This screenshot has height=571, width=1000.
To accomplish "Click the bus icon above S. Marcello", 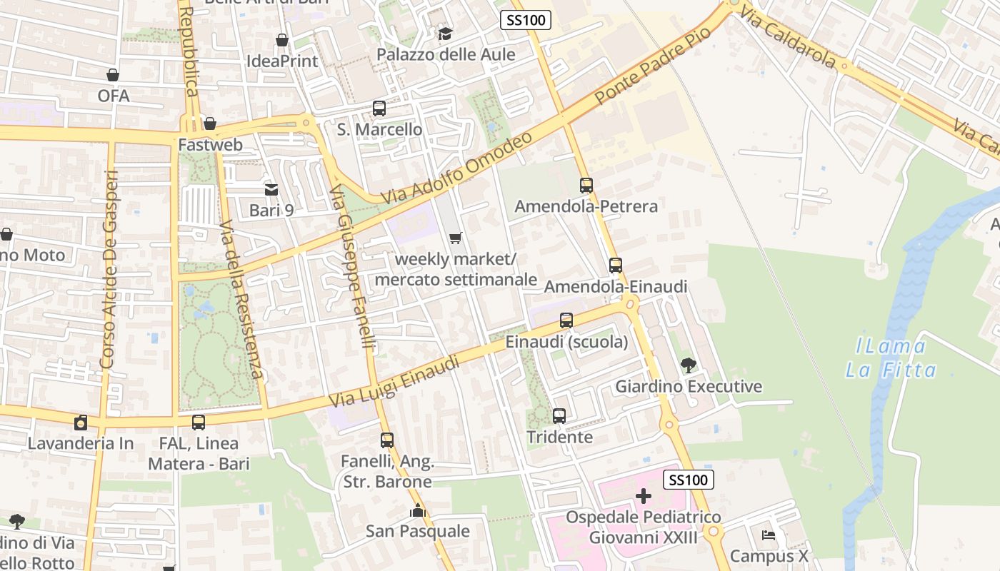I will (379, 108).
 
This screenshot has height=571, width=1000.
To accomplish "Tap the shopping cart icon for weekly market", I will (455, 238).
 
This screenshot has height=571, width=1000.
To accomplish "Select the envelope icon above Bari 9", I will (271, 189).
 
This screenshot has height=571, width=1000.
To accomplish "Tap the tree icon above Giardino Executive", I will (688, 365).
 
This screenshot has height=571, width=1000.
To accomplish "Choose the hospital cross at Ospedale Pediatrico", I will (644, 496).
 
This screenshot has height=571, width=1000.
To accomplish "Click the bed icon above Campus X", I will (769, 535).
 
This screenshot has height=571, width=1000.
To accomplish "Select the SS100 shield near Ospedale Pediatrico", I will (689, 480).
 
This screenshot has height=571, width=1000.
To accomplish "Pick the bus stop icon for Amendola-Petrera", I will (586, 185).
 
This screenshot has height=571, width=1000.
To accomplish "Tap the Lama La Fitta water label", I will (891, 358).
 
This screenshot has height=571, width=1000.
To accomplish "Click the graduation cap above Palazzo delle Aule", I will (445, 34).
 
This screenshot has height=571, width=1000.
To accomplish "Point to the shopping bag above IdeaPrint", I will (282, 40).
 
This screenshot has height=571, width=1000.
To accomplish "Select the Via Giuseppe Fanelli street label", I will (353, 268).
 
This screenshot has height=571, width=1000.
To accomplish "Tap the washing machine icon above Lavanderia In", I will (81, 422).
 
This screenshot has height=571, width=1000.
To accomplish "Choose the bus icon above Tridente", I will (559, 415).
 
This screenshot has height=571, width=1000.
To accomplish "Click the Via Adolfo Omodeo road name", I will (456, 167).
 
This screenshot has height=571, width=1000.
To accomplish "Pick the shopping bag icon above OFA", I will (113, 74).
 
